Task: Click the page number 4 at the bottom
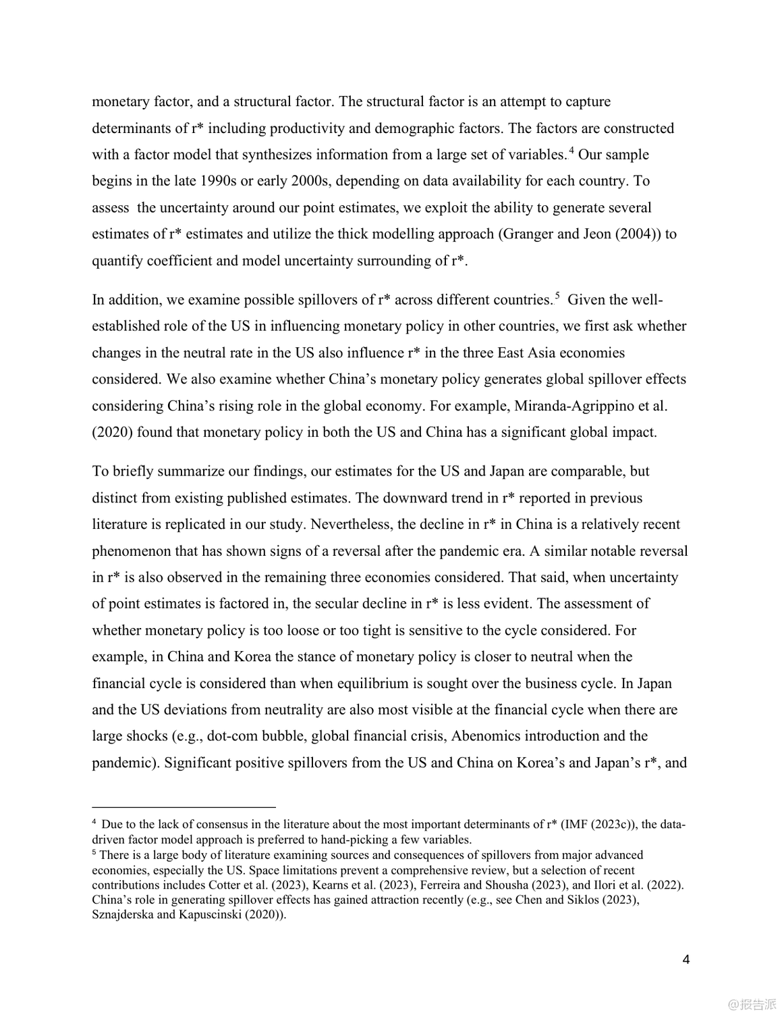point(686,960)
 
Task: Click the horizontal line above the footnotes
point(184,806)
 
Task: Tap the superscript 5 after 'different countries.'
point(557,294)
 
